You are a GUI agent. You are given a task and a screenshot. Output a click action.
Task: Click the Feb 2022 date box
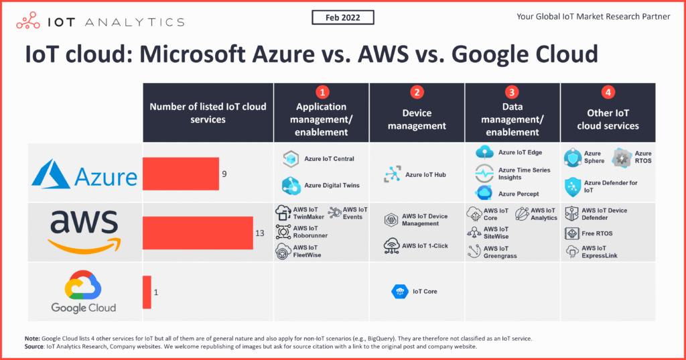coord(342,17)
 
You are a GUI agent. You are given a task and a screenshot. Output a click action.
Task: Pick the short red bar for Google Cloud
coord(147,292)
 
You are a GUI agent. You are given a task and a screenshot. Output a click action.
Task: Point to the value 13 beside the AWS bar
coord(261,234)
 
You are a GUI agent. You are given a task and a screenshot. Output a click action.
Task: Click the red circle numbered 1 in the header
coord(322,92)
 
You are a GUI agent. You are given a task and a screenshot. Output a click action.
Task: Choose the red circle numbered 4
coord(608,92)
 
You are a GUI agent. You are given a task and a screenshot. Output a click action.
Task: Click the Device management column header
coord(417,119)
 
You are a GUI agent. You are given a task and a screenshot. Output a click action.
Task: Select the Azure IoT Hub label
coord(427,176)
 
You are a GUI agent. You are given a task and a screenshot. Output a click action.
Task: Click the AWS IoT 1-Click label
coord(425,246)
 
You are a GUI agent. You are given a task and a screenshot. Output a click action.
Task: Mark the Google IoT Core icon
coord(399,292)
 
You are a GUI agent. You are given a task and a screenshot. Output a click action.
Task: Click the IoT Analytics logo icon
coord(29,21)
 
